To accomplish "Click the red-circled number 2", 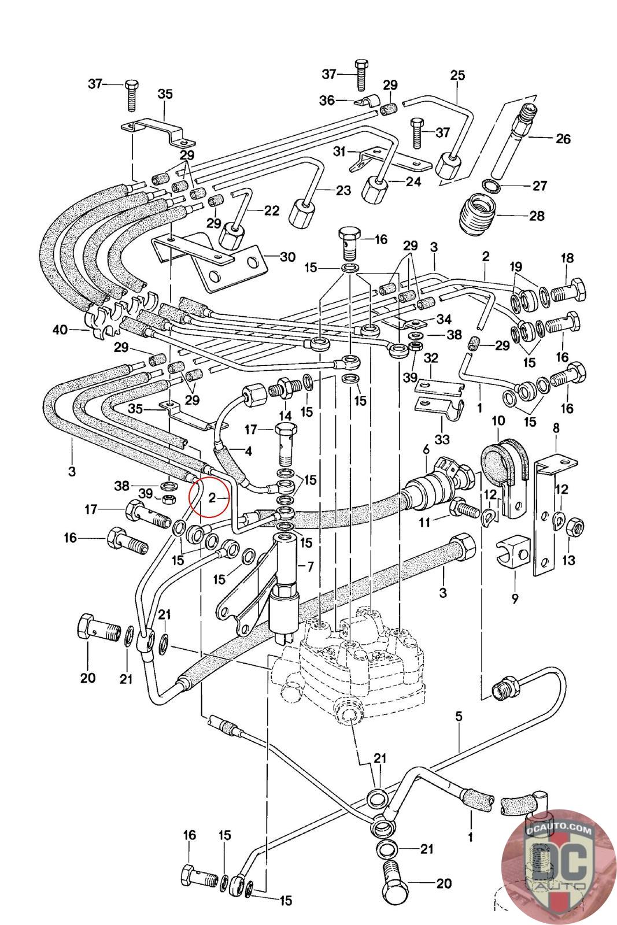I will point(212,497).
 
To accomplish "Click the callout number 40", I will point(60,330).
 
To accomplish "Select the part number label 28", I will point(537,216).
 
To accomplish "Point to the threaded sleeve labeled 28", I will point(478,214).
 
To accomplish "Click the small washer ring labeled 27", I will point(490,185).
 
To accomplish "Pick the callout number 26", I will point(563,139).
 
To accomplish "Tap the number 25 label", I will point(457,75).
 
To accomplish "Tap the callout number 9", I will point(514,598).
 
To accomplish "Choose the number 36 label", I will point(327,101).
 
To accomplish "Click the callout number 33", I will point(442,439).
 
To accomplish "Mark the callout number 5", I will point(459,716).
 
